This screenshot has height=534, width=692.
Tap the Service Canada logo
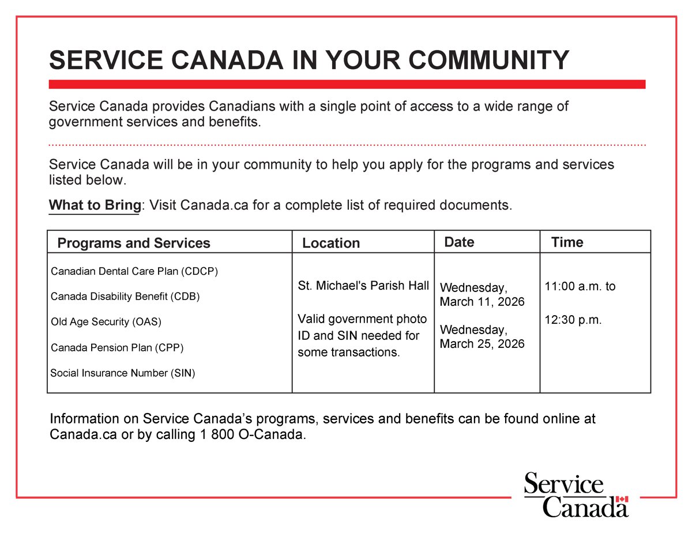[576, 494]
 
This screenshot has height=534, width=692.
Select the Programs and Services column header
[134, 243]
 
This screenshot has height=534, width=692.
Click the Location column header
[331, 243]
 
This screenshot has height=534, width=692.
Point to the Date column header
[459, 242]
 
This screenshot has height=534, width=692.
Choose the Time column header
[567, 242]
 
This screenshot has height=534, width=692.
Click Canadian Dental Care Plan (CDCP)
[134, 271]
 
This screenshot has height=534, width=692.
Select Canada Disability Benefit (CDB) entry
[125, 297]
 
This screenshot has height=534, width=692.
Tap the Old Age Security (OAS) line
[106, 322]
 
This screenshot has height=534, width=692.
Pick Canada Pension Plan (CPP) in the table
[117, 347]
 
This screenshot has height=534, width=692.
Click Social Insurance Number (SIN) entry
[123, 373]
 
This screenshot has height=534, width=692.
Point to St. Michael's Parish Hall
[363, 286]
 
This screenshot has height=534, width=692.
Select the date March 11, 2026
[482, 301]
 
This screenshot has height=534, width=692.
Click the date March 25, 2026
[482, 343]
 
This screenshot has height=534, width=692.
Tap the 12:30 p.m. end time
[573, 320]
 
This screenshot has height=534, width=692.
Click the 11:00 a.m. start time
[580, 286]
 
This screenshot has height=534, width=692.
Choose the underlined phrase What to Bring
[95, 205]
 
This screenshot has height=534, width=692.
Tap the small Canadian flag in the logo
[621, 499]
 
